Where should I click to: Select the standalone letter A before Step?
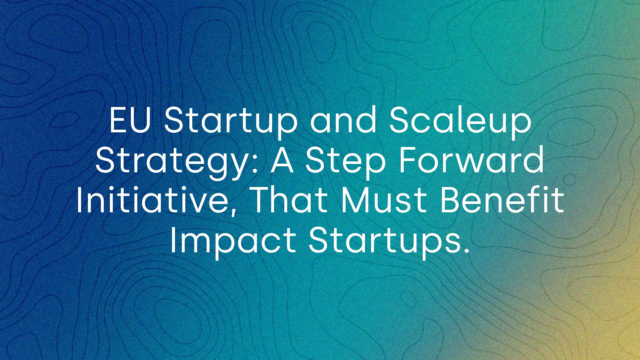(x=282, y=161)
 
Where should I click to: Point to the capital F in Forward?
(x=408, y=161)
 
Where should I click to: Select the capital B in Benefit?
(x=450, y=201)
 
